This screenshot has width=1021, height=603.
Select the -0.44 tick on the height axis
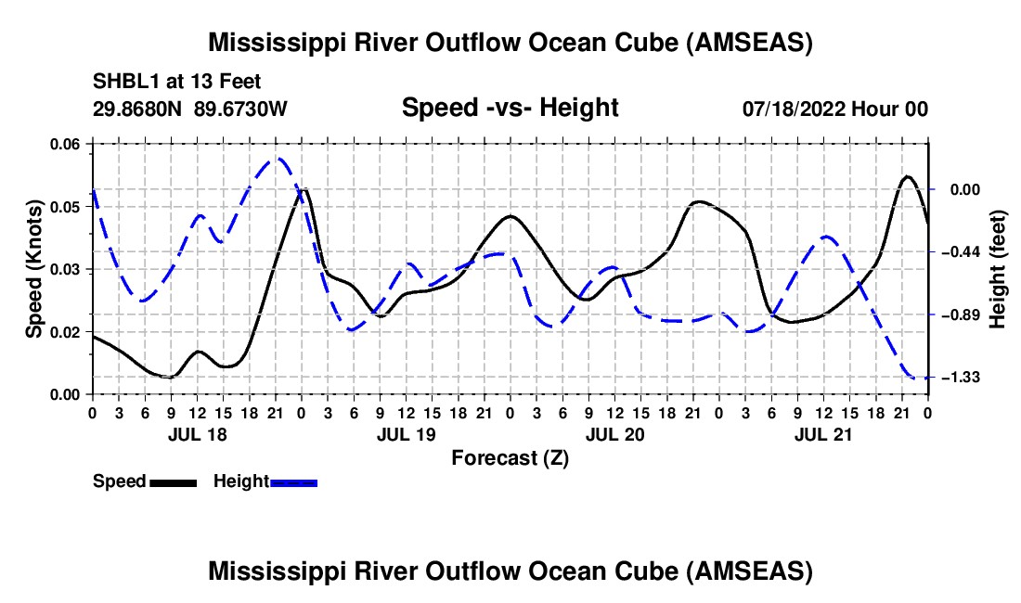click(959, 252)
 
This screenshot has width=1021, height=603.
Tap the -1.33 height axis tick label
click(959, 378)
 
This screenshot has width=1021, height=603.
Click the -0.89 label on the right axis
click(959, 315)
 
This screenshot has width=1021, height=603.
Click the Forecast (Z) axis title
click(510, 457)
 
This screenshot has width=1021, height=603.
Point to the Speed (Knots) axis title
click(34, 269)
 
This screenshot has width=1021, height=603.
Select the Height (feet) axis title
click(999, 269)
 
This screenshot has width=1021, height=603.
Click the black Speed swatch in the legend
click(173, 482)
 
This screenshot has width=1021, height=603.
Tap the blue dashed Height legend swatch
click(293, 482)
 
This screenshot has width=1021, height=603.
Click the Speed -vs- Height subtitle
click(510, 108)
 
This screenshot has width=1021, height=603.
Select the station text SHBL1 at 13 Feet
click(176, 82)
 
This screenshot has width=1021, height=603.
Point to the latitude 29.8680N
click(138, 109)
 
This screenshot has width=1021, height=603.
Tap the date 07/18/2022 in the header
click(789, 109)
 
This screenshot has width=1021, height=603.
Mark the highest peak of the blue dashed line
click(277, 159)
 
